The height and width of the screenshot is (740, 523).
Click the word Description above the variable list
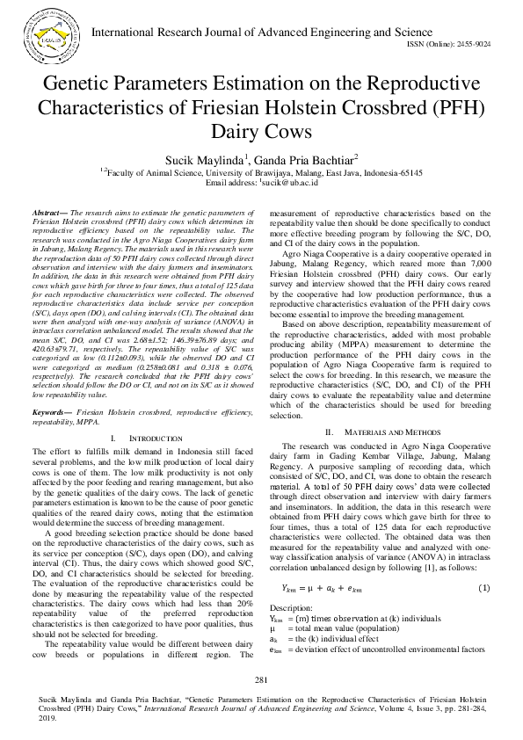(291, 608)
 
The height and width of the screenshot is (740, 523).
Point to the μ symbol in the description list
(272, 629)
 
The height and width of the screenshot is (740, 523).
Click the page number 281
(261, 680)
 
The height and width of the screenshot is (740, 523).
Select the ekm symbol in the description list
(275, 649)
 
